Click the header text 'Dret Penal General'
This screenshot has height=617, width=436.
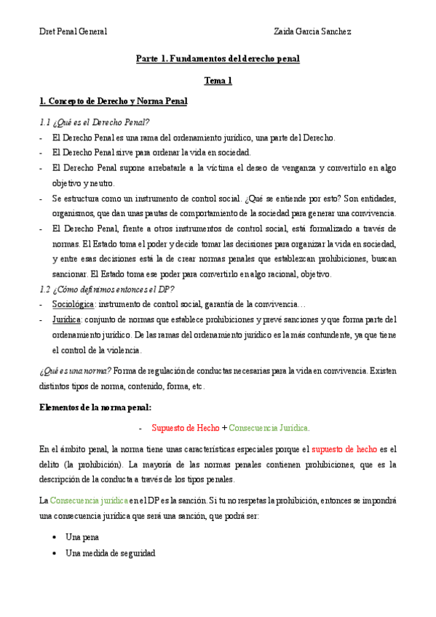(73, 31)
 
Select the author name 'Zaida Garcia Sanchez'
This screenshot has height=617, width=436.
(312, 31)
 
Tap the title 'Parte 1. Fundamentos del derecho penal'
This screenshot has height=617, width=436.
(218, 58)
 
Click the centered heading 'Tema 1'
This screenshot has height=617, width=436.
(218, 81)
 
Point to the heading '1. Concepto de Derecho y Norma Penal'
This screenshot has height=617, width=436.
(113, 101)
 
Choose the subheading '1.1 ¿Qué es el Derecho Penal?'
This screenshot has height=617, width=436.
(94, 122)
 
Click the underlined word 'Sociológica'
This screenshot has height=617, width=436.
(74, 303)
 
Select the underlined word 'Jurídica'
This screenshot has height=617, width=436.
(67, 319)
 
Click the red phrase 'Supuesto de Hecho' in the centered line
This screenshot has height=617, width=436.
(185, 427)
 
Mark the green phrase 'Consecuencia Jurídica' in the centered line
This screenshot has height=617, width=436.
(269, 427)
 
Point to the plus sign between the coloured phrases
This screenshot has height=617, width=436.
(224, 427)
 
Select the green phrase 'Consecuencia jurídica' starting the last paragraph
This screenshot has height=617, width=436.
(88, 501)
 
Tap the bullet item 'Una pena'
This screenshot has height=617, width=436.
(82, 536)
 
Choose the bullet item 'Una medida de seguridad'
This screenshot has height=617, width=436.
(110, 553)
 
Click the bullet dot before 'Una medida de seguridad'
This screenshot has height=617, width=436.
(55, 553)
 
